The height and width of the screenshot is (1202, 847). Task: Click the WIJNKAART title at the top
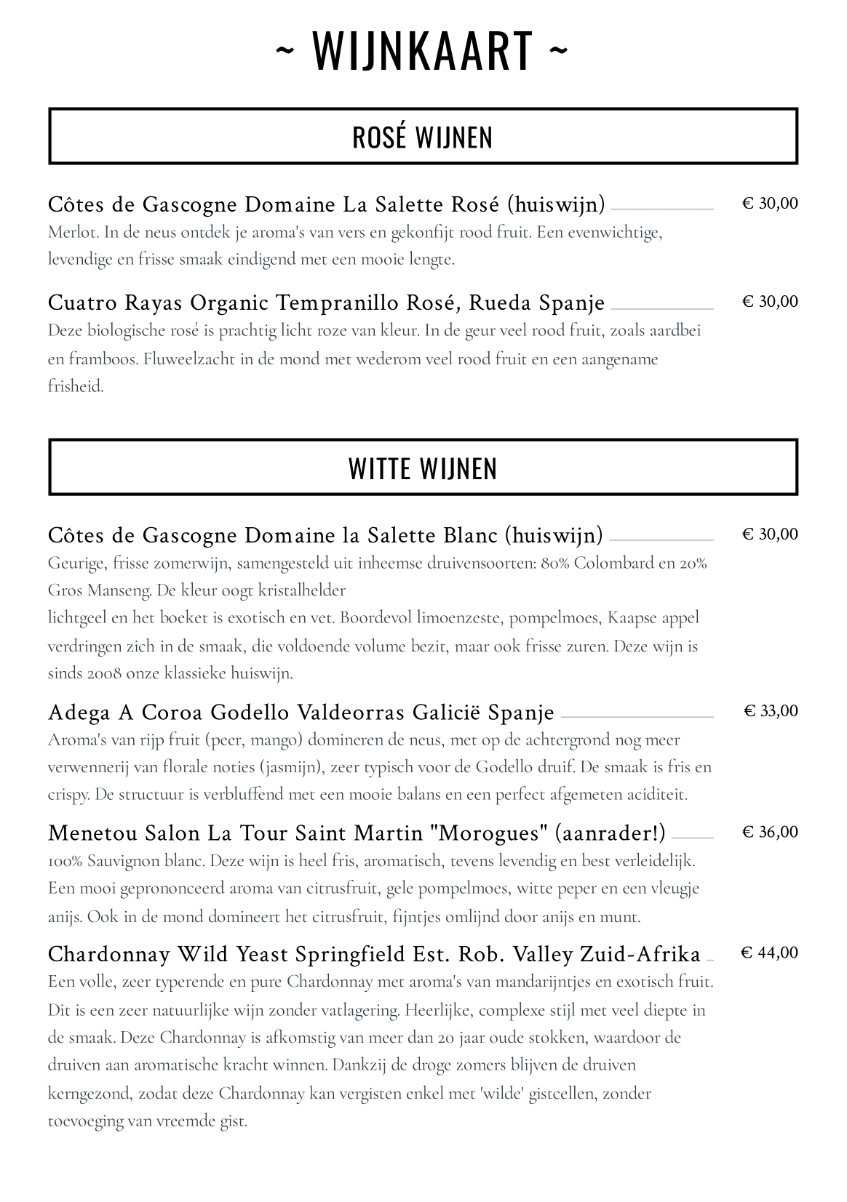422,50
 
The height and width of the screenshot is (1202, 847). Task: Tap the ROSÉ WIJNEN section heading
422,137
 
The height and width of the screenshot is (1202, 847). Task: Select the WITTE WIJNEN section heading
422,468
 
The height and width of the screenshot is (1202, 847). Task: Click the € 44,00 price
769,953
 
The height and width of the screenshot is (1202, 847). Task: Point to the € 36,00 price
770,832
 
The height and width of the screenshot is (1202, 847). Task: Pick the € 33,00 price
771,710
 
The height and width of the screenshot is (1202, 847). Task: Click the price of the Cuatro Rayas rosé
770,302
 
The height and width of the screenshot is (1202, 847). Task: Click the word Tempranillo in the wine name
345,302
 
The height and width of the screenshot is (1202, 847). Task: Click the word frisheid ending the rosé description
76,386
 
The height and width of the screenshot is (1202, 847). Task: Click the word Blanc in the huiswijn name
470,535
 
